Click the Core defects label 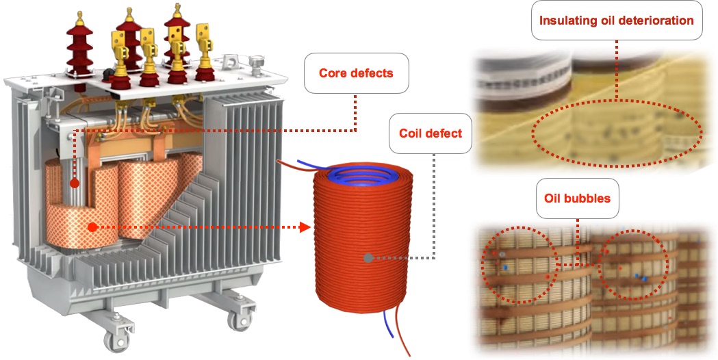[x=356, y=72]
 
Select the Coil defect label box [x=430, y=133]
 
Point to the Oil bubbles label [x=576, y=198]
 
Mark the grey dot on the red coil [x=368, y=258]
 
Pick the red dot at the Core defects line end [x=74, y=183]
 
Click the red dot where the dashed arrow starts [x=91, y=226]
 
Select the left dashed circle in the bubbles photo [x=518, y=263]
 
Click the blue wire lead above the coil [x=296, y=165]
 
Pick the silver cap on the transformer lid [x=257, y=64]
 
